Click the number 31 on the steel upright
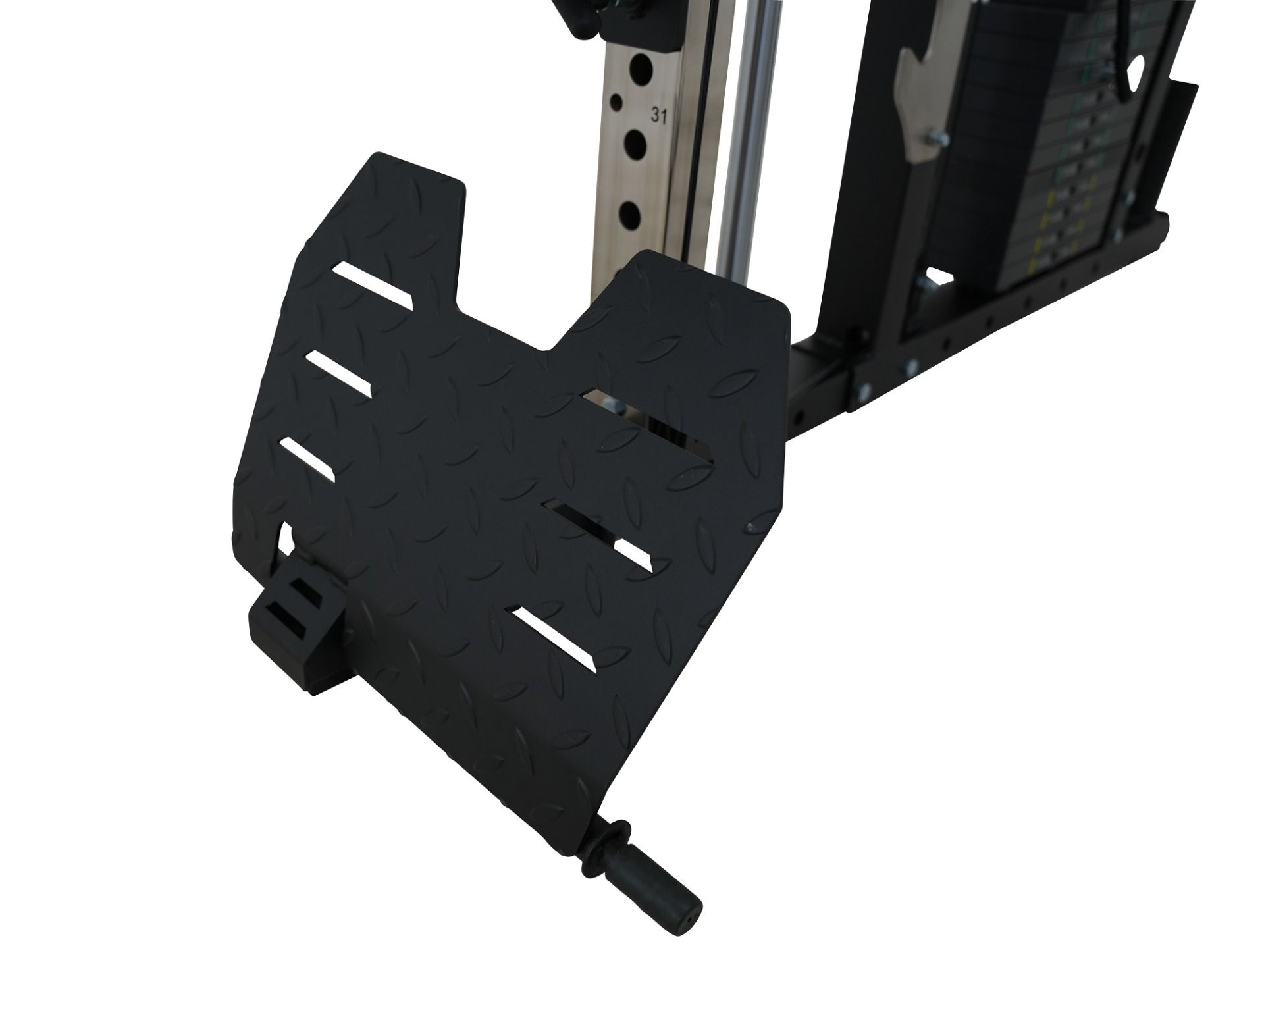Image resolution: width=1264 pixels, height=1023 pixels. click(x=659, y=115)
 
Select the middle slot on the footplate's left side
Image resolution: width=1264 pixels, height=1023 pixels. click(x=338, y=373)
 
